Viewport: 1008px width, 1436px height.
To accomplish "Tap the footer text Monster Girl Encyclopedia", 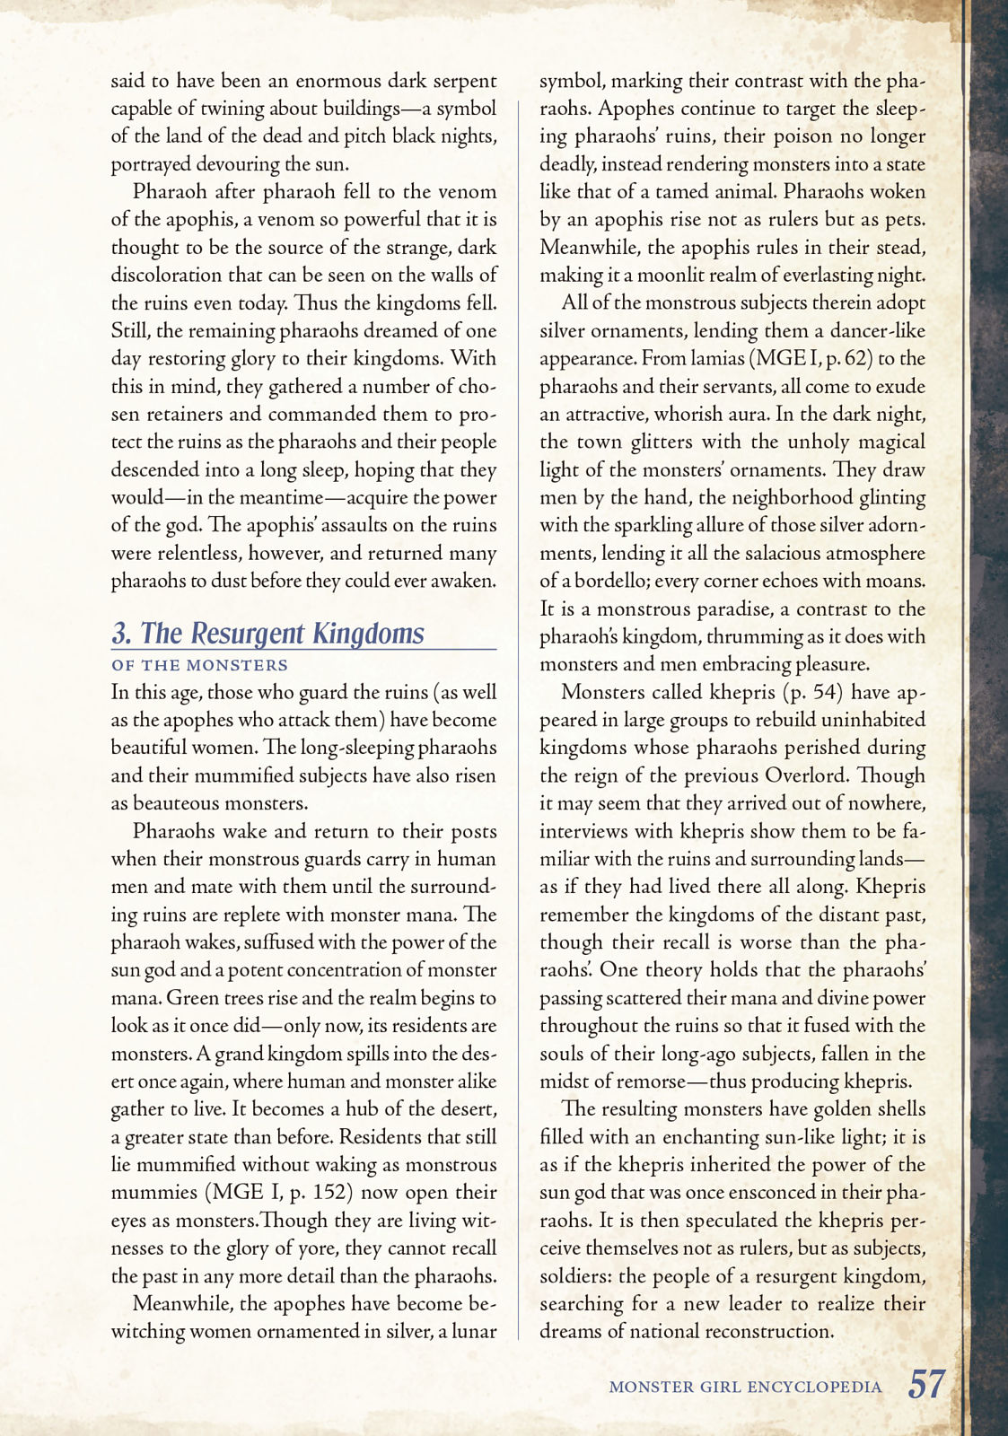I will pos(745,1387).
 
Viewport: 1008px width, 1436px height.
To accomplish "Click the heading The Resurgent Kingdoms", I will pos(268,633).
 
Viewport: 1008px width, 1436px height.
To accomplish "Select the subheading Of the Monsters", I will pos(199,665).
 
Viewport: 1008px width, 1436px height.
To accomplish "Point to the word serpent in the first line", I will pos(462,81).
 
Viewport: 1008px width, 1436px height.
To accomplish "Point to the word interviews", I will pos(583,831).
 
